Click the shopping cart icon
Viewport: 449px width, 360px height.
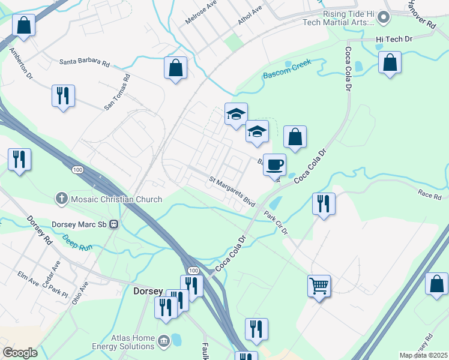pos(319,286)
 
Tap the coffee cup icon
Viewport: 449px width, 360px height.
pos(275,164)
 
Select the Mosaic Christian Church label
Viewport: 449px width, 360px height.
pos(115,199)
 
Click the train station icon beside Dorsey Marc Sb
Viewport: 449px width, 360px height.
pos(113,224)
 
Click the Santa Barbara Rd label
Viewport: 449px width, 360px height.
pos(84,62)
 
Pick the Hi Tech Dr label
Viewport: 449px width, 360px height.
pos(394,39)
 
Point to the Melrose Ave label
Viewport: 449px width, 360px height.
pos(200,11)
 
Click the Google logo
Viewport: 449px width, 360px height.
pos(20,352)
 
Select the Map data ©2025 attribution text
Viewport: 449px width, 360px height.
pos(423,355)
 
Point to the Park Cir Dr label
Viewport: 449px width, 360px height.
pos(276,223)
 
